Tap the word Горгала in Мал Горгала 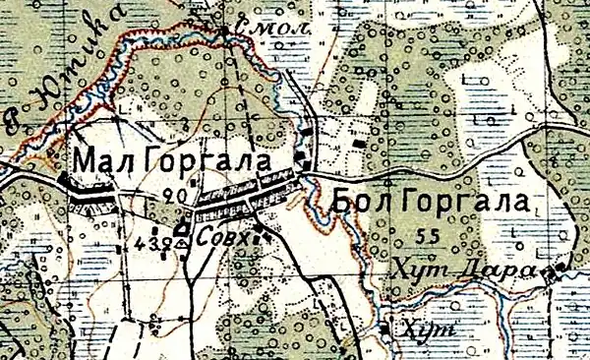point(217,158)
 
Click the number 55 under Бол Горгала point(427,235)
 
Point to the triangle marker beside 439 point(181,243)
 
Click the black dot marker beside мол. point(227,31)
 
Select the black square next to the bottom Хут point(384,330)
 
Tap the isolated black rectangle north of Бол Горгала point(358,145)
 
